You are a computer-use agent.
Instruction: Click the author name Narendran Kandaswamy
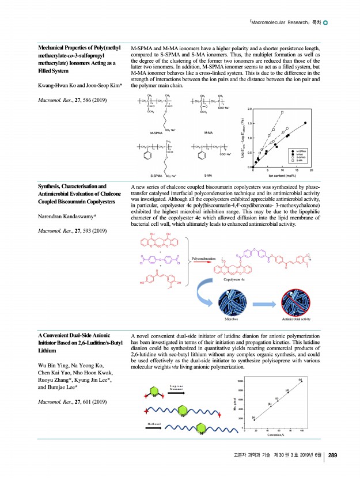[70, 217]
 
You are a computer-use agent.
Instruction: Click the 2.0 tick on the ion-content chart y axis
[249, 108]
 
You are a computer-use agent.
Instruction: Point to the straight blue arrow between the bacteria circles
[264, 301]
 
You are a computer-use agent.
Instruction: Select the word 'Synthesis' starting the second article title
[52, 187]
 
